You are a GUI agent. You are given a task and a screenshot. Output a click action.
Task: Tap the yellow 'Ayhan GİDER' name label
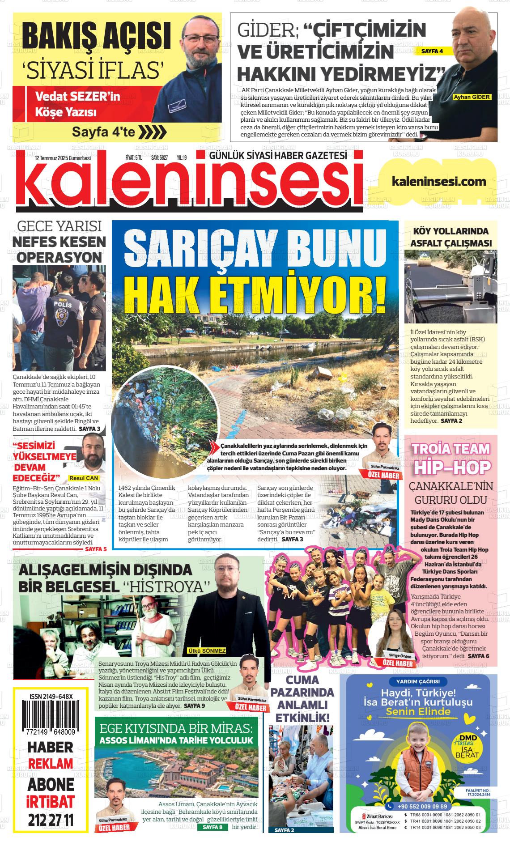pyautogui.click(x=472, y=97)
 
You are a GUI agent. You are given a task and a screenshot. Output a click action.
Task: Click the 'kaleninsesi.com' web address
pyautogui.click(x=438, y=181)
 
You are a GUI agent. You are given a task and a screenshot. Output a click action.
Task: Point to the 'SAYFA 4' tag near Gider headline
pyautogui.click(x=432, y=51)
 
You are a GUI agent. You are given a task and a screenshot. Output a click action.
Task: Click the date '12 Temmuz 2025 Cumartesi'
pyautogui.click(x=63, y=158)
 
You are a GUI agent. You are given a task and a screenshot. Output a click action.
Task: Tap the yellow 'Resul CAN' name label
pyautogui.click(x=83, y=478)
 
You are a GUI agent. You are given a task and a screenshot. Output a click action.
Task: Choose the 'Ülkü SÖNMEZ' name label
pyautogui.click(x=207, y=650)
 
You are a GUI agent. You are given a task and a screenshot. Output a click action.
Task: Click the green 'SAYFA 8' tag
pyautogui.click(x=212, y=827)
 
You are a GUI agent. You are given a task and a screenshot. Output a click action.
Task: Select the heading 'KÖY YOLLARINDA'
pyautogui.click(x=450, y=231)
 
